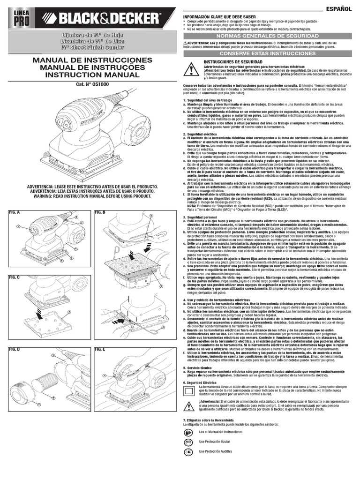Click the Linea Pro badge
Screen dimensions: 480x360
tap(20, 19)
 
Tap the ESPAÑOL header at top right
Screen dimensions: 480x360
tap(339, 9)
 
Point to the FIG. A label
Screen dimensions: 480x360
tap(15, 212)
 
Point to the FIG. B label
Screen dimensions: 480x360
tap(100, 212)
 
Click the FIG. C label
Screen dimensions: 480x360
tap(15, 277)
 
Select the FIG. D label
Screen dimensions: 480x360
tap(15, 350)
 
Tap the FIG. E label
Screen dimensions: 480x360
tap(100, 350)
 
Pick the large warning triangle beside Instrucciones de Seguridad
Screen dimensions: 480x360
tap(191, 69)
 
